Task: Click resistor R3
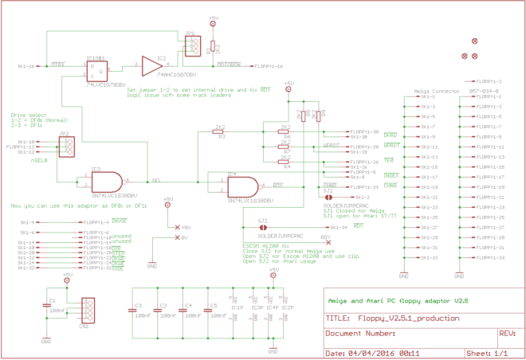pyautogui.click(x=221, y=131)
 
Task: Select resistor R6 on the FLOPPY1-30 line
pyautogui.click(x=285, y=131)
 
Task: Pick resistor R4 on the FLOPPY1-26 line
pyautogui.click(x=285, y=162)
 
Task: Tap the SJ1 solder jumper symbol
pyautogui.click(x=329, y=197)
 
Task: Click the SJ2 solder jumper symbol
pyautogui.click(x=263, y=227)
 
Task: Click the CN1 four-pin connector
pyautogui.click(x=87, y=309)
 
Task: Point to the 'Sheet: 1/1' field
pyautogui.click(x=487, y=351)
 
